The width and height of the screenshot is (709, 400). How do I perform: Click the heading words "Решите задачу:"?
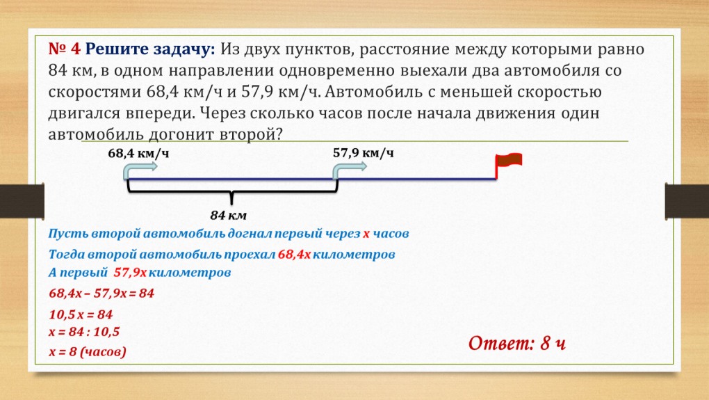pos(151,49)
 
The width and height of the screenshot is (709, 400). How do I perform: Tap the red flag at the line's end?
pos(508,161)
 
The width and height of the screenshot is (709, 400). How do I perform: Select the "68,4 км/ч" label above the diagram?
pos(138,153)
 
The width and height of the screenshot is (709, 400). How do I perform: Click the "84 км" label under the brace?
pos(229,214)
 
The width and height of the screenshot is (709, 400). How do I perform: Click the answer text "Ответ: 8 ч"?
pos(518,342)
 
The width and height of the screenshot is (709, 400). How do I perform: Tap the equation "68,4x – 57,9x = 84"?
pos(101,294)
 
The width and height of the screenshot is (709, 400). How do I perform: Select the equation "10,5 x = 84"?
pos(81,314)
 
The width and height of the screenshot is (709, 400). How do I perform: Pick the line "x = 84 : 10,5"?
pos(84,332)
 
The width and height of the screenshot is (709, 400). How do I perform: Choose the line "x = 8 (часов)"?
pos(88,352)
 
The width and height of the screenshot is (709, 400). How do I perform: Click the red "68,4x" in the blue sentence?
pos(294,255)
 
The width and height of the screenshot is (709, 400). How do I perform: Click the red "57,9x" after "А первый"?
pos(130,272)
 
